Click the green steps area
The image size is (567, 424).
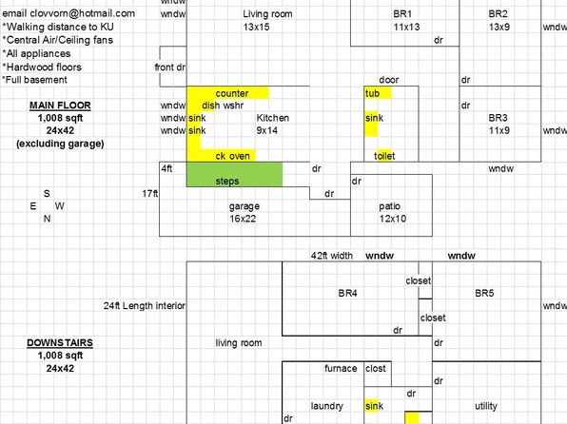234,175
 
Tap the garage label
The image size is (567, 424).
244,206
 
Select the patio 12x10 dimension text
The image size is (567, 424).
393,219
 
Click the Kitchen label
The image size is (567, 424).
273,118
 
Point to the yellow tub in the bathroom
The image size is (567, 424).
378,93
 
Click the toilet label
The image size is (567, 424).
384,156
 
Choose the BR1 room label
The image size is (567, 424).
402,14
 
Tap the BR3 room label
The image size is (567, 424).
498,118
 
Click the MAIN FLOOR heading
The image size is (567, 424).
60,106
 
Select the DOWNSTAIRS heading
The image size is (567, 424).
60,342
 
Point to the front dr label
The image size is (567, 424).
169,67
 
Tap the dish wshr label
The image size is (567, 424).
223,106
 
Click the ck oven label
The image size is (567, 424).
232,156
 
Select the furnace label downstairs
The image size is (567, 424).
341,368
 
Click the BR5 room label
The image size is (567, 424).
484,293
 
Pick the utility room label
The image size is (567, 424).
485,406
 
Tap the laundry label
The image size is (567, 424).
327,406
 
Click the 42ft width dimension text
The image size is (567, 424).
332,256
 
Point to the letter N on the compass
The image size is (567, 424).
47,219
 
